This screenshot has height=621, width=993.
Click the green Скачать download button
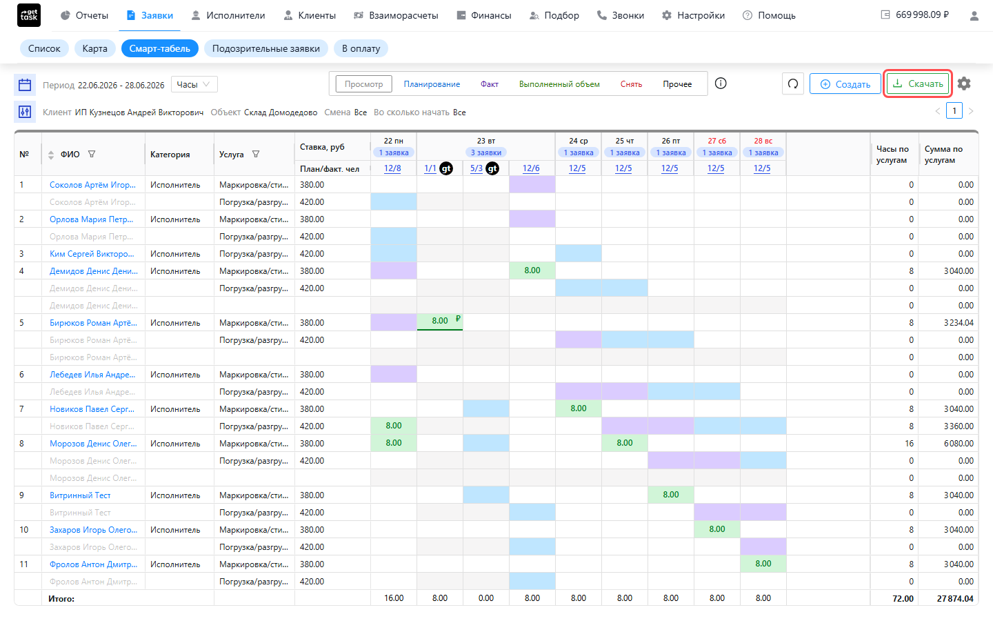point(917,84)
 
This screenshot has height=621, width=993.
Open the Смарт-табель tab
point(159,48)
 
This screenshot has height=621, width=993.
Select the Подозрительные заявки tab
point(266,48)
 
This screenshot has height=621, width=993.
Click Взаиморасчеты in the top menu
point(396,15)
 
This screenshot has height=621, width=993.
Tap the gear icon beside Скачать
point(964,84)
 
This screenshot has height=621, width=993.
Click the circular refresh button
point(793,84)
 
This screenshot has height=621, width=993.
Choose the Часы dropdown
point(194,84)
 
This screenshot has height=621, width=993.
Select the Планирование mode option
point(432,84)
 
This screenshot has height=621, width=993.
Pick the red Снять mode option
point(631,84)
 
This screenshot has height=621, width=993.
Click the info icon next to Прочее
point(721,83)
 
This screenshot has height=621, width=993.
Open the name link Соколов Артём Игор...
point(92,184)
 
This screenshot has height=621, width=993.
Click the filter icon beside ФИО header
point(92,155)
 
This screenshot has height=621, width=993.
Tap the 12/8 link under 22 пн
point(393,168)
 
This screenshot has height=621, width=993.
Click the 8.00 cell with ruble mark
point(440,321)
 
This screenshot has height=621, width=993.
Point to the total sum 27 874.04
point(955,598)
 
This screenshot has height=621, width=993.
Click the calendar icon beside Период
point(25,84)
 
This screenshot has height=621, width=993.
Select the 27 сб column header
point(717,141)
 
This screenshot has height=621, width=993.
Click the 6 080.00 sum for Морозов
point(959,443)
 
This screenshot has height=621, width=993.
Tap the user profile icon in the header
point(974,16)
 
